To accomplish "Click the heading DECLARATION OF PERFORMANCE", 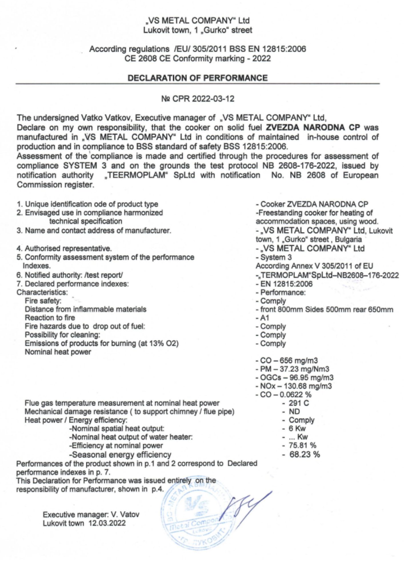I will point(197,78).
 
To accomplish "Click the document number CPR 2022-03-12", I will point(198,99).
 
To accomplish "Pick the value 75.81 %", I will point(302,445).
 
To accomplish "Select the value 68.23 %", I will point(304,454).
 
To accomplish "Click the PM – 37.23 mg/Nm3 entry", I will point(295,369).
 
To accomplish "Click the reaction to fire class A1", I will point(265,318).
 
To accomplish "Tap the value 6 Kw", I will point(297,428).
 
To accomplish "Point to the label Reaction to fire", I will point(50,318).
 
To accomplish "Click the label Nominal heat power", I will point(58,352).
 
